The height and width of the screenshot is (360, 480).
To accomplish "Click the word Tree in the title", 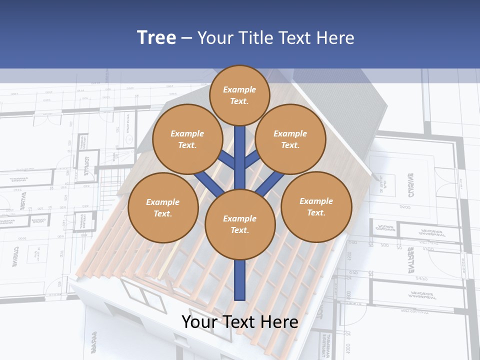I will click(156, 37).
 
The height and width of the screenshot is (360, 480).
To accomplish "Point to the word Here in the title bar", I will click(336, 37).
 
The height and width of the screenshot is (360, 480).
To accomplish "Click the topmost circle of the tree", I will click(239, 95).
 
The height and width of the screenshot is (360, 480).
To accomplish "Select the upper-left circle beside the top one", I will click(187, 139).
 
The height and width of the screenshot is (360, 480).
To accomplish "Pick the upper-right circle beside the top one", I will click(290, 139).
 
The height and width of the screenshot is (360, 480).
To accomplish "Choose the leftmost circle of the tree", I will click(162, 207).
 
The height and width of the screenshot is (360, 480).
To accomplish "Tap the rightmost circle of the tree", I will click(316, 206).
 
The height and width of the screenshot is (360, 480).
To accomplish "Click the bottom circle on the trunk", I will click(239, 224).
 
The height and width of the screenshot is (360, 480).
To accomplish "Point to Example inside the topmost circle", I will click(239, 89).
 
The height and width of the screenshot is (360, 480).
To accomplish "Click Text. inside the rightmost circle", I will click(316, 212).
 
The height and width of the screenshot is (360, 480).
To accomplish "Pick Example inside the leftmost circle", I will click(162, 202).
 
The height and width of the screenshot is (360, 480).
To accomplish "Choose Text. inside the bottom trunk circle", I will click(239, 230).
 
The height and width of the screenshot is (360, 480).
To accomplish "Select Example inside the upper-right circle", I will click(290, 133).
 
